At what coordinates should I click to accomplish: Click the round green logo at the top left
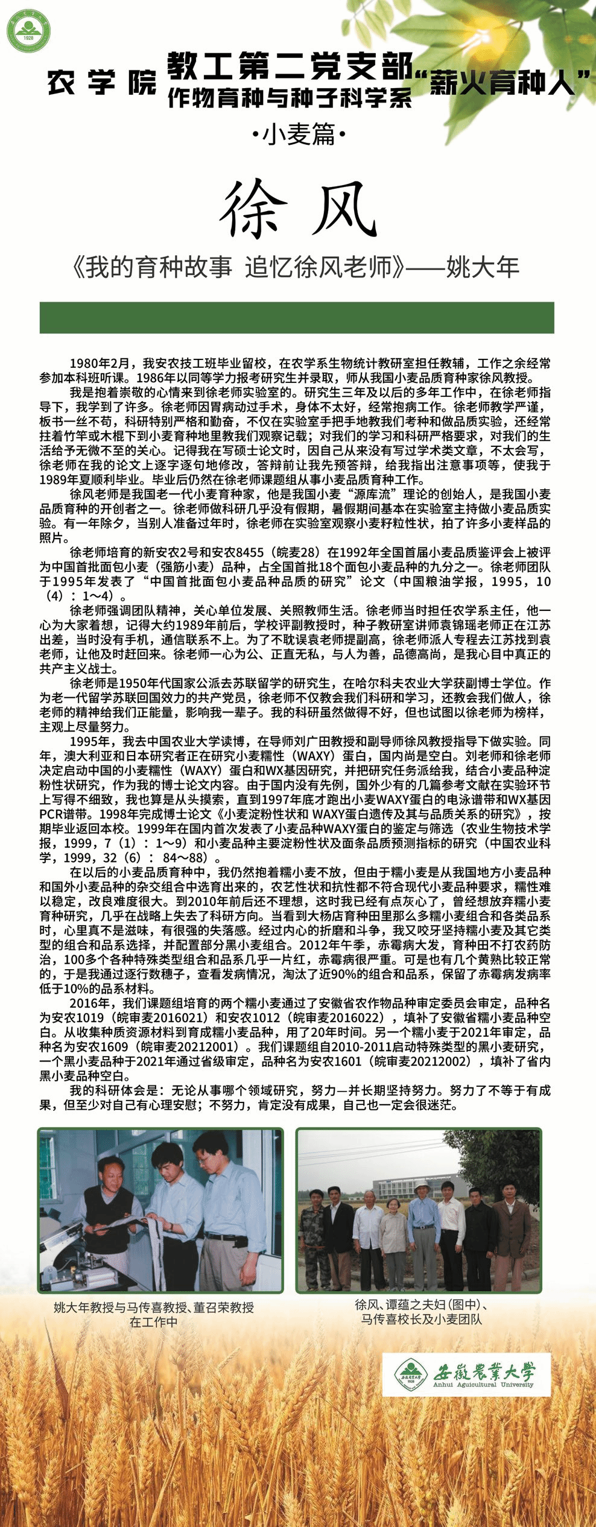28,30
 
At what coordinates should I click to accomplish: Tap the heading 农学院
101,83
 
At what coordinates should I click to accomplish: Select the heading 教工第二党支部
290,66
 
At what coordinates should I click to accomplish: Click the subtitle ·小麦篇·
299,134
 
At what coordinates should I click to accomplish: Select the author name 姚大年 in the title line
483,267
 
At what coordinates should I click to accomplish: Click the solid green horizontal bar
297,318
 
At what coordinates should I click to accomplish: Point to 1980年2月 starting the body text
100,364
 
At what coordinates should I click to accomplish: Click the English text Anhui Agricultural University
483,1384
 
